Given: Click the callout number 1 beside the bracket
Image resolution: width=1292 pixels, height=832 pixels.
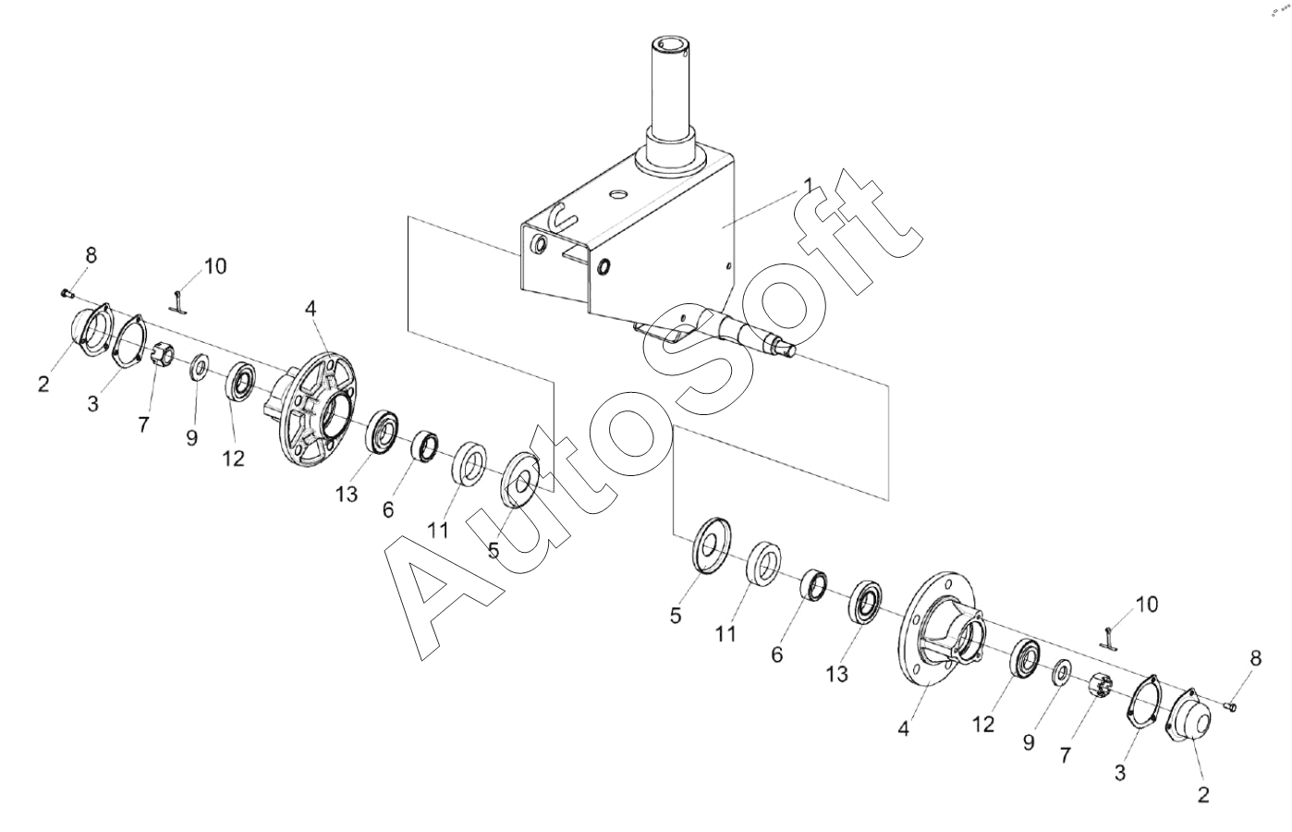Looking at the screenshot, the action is click(x=809, y=186).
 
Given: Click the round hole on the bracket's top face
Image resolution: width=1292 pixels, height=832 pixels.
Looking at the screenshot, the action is click(x=618, y=194).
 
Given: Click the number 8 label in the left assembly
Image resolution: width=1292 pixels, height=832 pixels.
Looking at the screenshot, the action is click(x=91, y=255).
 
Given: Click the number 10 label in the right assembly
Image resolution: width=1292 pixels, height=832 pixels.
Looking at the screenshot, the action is click(x=1147, y=604).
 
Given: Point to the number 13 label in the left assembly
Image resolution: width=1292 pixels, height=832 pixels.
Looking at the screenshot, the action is click(x=347, y=494).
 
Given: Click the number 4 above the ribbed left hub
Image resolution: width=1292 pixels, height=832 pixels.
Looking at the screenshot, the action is click(x=311, y=309).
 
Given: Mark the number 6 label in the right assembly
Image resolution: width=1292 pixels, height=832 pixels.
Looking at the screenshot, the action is click(x=777, y=655).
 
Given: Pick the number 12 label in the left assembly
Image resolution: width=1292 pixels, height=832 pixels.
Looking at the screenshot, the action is click(x=234, y=459).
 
